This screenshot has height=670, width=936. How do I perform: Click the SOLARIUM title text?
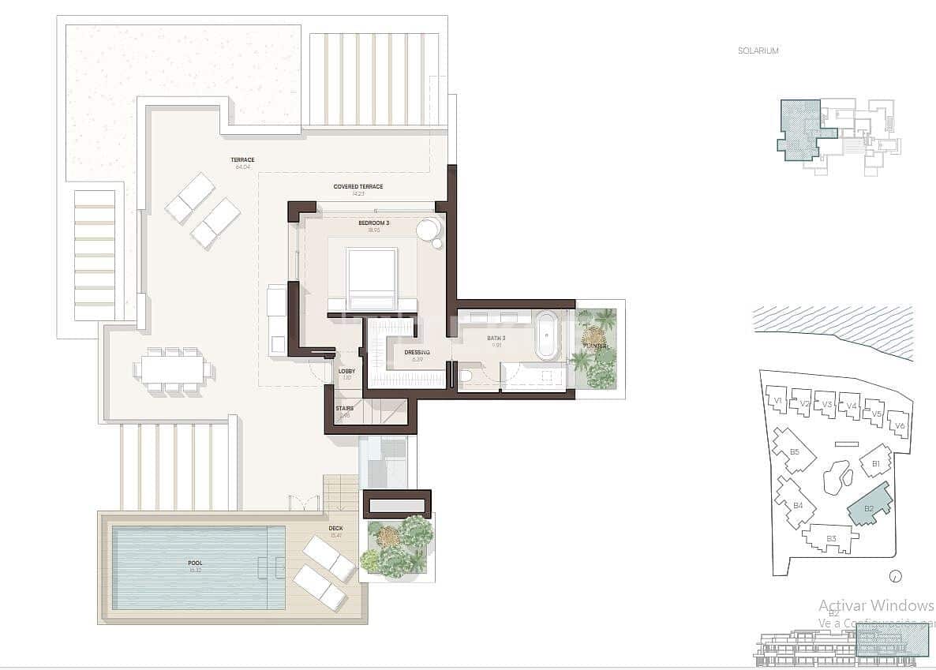point(758,51)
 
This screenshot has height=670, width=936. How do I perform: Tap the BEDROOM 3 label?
point(373,223)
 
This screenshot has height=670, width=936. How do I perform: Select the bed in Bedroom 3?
point(371,279)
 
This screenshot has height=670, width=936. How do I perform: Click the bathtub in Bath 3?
point(545,335)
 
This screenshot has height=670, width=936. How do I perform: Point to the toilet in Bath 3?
point(467,377)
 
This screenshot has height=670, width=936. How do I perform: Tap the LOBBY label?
point(346,371)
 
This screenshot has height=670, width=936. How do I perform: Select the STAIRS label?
point(345,409)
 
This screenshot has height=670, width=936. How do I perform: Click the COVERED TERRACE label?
point(358,187)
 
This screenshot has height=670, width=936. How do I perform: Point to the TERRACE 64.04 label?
point(242,160)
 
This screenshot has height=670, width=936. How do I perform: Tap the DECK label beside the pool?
point(335,529)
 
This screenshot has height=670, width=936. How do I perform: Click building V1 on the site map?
point(777,401)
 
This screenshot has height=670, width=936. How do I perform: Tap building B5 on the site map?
point(794,451)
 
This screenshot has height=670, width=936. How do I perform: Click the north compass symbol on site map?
point(894,576)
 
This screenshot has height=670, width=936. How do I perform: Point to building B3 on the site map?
point(830,539)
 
